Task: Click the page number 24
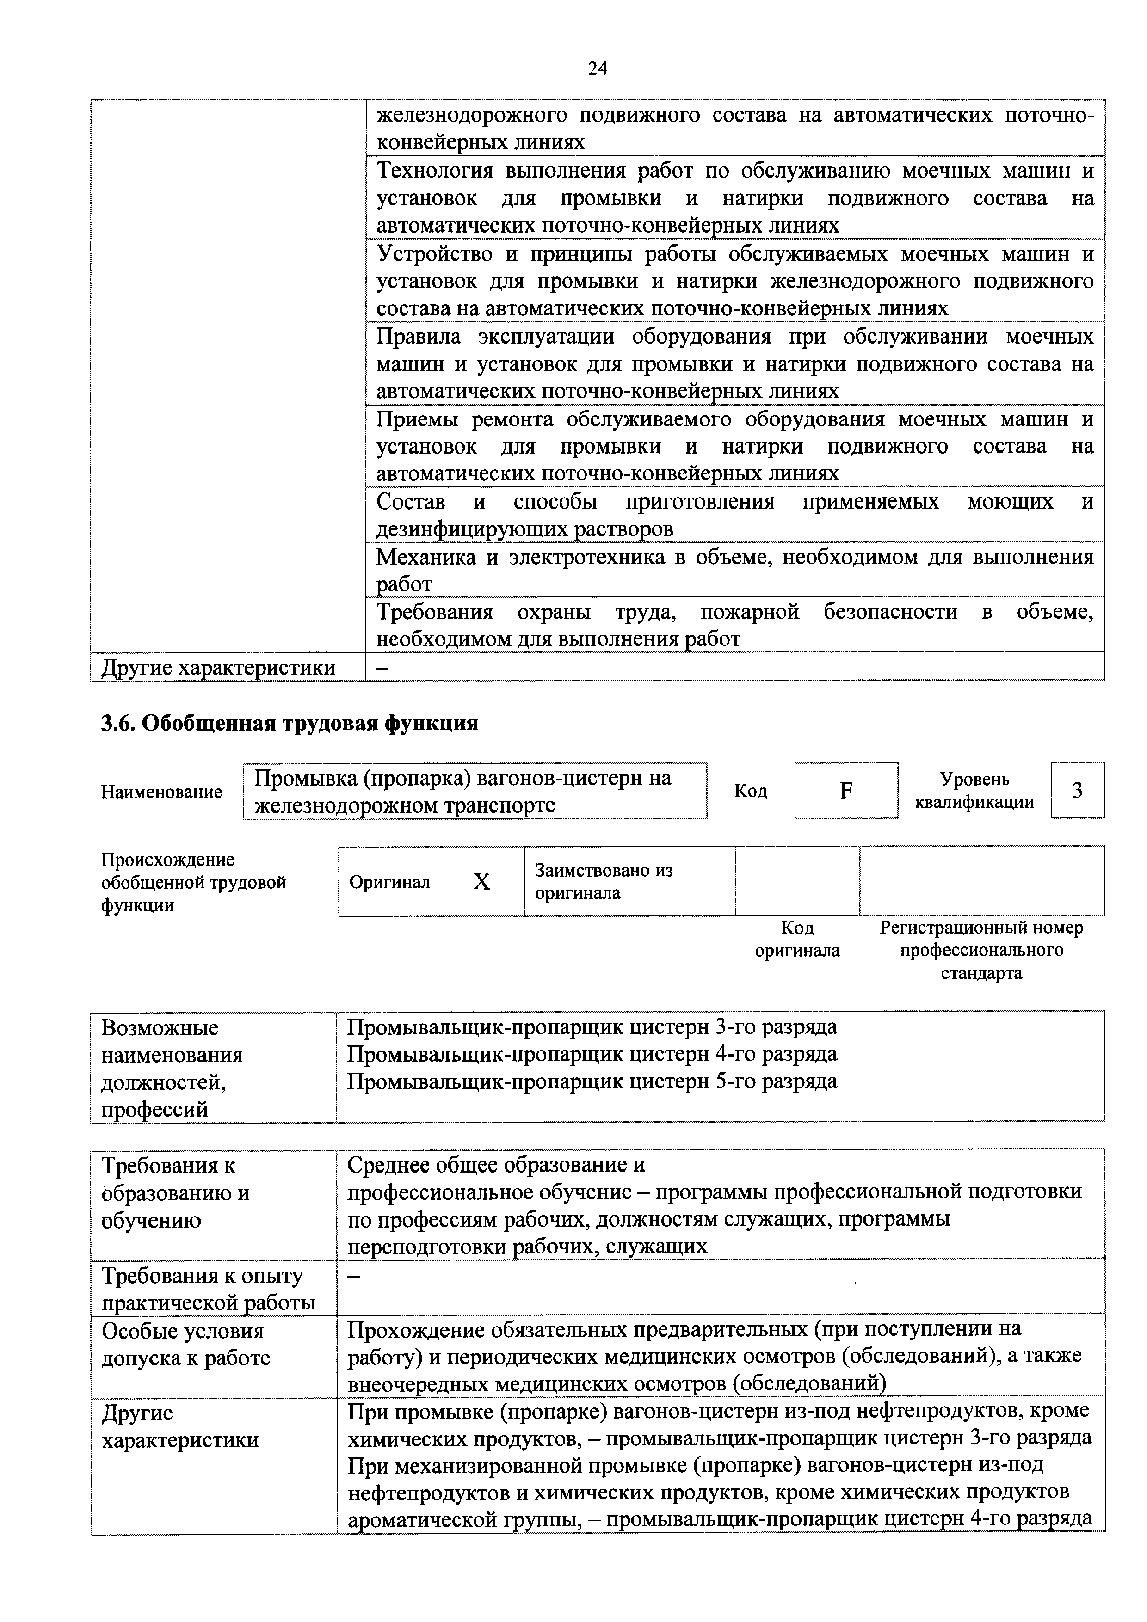click(597, 68)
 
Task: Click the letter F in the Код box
click(845, 791)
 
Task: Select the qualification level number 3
click(1077, 791)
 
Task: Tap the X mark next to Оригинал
click(481, 882)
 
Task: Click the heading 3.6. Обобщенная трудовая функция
click(290, 724)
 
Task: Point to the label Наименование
click(162, 792)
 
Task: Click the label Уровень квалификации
click(974, 791)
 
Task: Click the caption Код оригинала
click(797, 939)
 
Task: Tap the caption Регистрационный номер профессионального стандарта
click(981, 950)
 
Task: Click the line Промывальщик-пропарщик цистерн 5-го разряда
click(592, 1081)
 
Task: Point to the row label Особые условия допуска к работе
click(185, 1345)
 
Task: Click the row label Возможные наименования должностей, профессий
click(172, 1068)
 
